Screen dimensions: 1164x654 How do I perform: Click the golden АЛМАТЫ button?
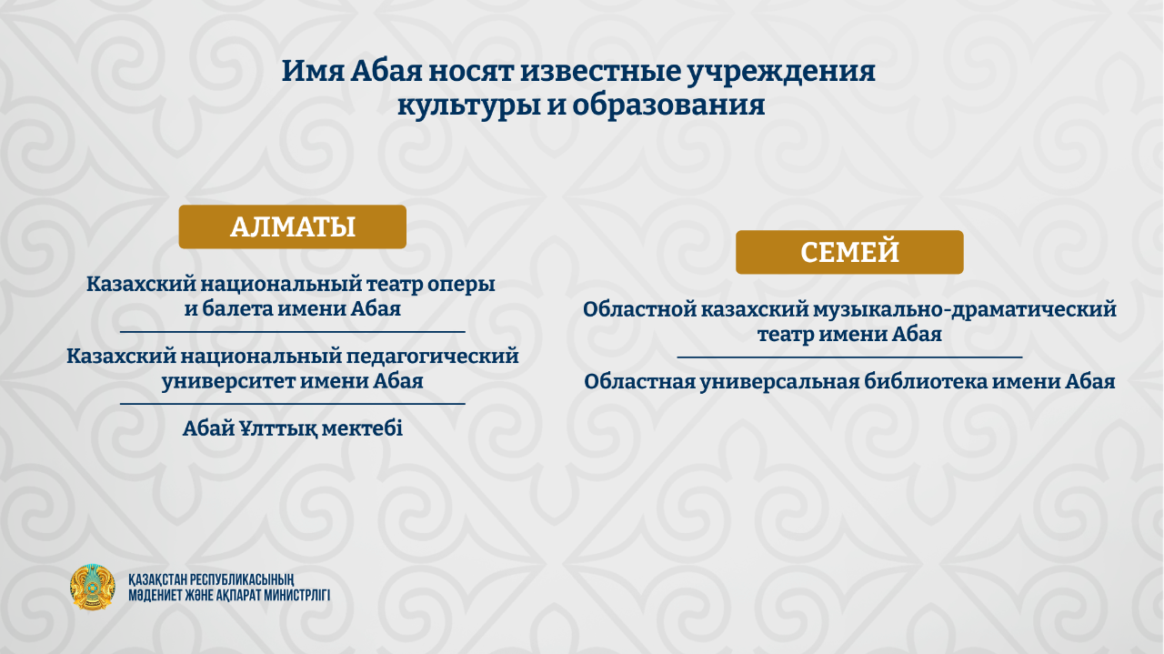pyautogui.click(x=293, y=226)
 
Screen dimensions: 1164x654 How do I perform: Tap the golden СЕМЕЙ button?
pyautogui.click(x=849, y=252)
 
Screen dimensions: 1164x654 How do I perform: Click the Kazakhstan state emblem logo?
pyautogui.click(x=93, y=587)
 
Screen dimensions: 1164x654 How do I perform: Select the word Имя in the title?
pyautogui.click(x=313, y=71)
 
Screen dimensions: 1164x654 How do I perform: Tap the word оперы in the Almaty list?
pyautogui.click(x=461, y=286)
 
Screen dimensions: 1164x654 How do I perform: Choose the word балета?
pyautogui.click(x=237, y=308)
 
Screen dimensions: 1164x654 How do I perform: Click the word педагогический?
pyautogui.click(x=432, y=357)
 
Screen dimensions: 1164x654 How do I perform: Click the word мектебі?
pyautogui.click(x=362, y=429)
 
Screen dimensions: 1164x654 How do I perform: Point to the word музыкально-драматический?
pyautogui.click(x=965, y=310)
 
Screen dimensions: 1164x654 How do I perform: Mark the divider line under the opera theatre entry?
pyautogui.click(x=293, y=332)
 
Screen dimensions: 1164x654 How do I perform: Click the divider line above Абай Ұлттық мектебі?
pyautogui.click(x=293, y=404)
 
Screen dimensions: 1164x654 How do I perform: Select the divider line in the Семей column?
pyautogui.click(x=849, y=357)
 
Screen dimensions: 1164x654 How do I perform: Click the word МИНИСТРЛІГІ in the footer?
pyautogui.click(x=296, y=595)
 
